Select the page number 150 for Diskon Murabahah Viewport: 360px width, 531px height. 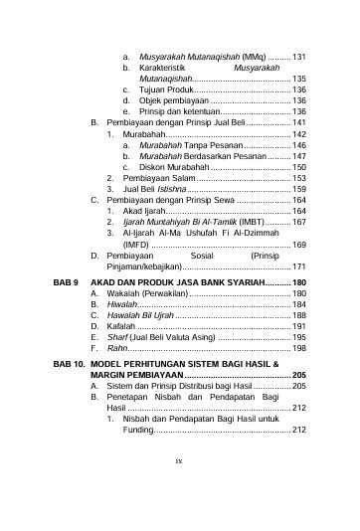click(297, 168)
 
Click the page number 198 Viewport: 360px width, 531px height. click(297, 349)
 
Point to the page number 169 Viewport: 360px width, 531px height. click(297, 245)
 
